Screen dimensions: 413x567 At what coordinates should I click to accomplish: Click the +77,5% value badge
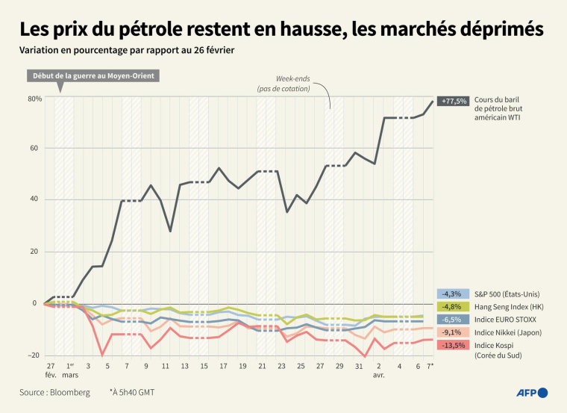(x=454, y=101)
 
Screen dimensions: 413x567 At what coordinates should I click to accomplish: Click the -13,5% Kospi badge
(x=454, y=345)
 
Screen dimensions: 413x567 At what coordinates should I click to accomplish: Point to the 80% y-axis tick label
(x=34, y=99)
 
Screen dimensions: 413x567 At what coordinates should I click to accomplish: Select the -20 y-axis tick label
(x=34, y=355)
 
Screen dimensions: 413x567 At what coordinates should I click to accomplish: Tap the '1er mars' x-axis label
(x=69, y=370)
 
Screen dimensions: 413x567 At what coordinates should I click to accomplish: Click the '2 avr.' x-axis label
(x=380, y=370)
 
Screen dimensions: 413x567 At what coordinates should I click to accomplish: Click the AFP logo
(x=532, y=392)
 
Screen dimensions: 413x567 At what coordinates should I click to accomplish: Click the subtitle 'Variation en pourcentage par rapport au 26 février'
(x=128, y=51)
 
